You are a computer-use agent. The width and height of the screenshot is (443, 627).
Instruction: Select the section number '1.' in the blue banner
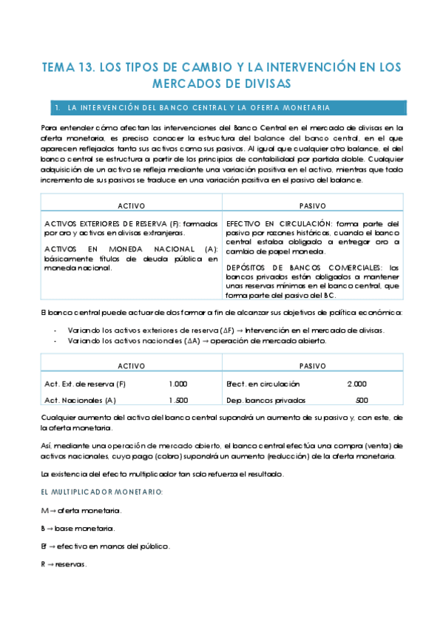click(x=57, y=108)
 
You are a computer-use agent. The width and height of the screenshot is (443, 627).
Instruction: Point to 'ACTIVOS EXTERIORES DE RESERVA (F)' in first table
click(x=109, y=223)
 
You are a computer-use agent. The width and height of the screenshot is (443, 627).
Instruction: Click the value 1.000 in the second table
click(x=177, y=384)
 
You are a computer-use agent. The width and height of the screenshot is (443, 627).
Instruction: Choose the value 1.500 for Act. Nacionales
click(x=177, y=400)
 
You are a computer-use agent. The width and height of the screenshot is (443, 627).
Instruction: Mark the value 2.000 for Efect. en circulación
click(x=356, y=384)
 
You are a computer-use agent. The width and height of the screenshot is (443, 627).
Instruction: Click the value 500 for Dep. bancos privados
click(x=362, y=400)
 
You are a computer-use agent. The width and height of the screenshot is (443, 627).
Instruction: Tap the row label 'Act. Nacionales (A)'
click(x=81, y=400)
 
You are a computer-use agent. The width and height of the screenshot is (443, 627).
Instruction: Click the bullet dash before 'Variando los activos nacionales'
click(x=56, y=341)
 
